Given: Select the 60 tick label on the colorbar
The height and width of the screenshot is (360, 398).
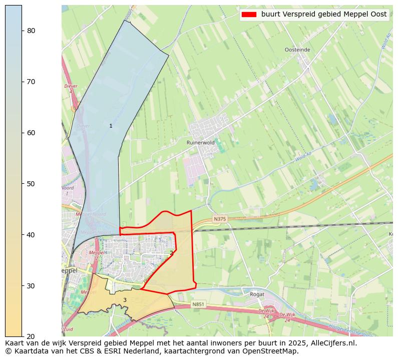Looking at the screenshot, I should (31, 133).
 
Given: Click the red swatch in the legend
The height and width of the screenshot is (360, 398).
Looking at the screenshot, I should (249, 15).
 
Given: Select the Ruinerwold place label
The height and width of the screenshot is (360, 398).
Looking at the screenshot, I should (200, 143).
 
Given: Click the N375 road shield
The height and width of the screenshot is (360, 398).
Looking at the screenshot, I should (220, 219).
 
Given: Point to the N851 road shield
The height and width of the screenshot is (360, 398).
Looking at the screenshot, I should (198, 304).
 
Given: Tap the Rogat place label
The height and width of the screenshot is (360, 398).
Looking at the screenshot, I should (257, 294).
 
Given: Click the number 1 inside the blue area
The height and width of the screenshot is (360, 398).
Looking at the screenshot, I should (111, 126).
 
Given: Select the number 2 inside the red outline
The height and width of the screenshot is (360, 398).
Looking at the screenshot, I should (171, 253).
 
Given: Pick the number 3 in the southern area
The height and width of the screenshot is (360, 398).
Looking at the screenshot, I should (125, 300).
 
